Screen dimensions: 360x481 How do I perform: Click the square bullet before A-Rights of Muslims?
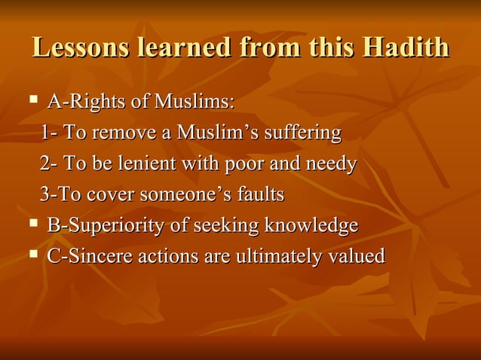tap(33, 99)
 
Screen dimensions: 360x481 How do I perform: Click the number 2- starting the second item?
tap(48, 163)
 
